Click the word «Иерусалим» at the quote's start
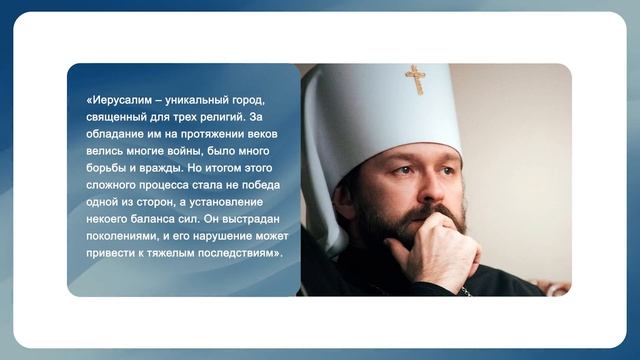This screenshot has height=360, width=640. point(122,100)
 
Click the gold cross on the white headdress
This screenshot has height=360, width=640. point(414,77)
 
